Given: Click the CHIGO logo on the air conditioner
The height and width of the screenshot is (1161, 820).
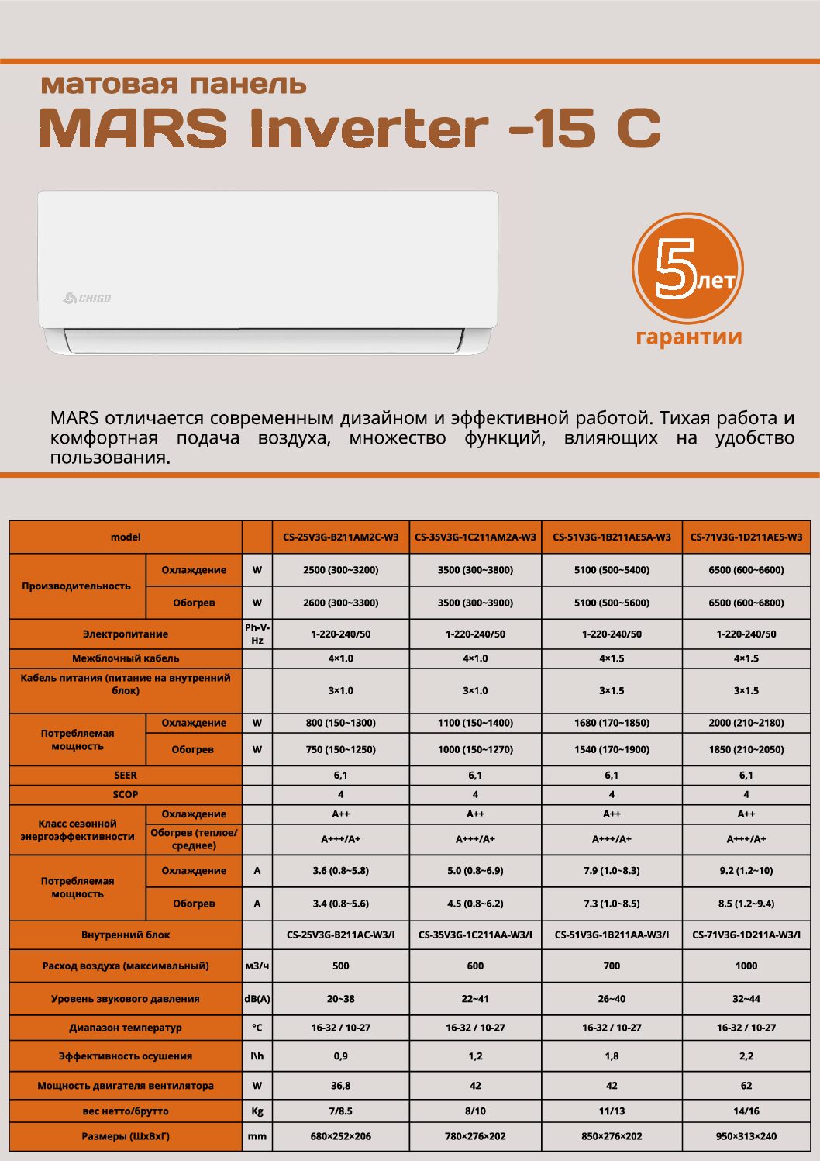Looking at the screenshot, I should tap(88, 298).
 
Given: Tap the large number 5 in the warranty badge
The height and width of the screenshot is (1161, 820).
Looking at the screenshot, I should tap(674, 268).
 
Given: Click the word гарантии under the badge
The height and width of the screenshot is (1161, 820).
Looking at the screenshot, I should tap(688, 337).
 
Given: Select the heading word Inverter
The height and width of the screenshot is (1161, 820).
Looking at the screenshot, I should tap(369, 128).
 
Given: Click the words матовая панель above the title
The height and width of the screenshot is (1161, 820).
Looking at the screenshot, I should tap(174, 84).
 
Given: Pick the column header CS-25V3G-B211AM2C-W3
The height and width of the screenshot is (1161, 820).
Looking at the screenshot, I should tap(341, 537).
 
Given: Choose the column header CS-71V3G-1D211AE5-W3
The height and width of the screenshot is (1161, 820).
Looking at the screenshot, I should tap(746, 537).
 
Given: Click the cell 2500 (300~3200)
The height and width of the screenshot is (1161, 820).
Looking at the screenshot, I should tap(341, 570).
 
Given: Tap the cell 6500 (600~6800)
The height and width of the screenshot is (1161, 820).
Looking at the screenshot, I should tap(746, 603).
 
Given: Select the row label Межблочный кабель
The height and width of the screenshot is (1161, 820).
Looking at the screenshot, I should tap(126, 658).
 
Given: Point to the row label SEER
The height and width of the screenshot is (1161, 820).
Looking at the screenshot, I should tap(126, 776).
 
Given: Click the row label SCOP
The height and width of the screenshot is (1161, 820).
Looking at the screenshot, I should tap(126, 795).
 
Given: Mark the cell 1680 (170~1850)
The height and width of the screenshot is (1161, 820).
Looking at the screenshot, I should tap(612, 723).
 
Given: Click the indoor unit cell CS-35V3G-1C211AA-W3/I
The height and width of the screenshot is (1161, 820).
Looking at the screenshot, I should tap(475, 935).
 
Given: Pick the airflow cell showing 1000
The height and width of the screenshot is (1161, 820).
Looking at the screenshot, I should tap(746, 966).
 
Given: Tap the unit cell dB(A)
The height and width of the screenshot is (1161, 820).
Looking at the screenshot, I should tap(257, 999).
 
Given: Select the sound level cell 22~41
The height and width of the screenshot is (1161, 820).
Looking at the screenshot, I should tap(475, 999).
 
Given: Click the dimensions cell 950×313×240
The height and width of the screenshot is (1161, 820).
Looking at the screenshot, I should tap(746, 1136).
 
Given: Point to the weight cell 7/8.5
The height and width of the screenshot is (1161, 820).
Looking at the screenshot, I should tap(341, 1111).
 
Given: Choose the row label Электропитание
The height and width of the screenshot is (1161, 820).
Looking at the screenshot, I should tap(126, 634).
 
